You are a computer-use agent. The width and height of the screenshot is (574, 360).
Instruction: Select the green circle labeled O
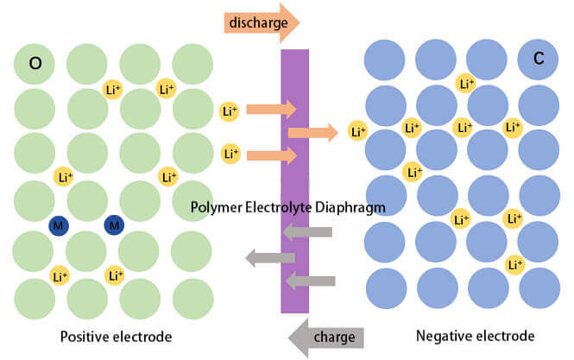pos(35,63)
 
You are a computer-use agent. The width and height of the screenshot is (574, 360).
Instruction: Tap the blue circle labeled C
pos(537,60)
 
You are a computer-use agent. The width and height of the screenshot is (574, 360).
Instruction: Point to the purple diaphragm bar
pos(295,129)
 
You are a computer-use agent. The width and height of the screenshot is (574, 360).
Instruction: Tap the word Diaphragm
pos(348,206)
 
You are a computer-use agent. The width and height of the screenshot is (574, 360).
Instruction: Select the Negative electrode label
pos(475,336)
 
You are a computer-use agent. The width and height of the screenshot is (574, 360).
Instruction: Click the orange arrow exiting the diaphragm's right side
pos(312,132)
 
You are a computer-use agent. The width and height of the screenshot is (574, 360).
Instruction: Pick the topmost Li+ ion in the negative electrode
pos(465,84)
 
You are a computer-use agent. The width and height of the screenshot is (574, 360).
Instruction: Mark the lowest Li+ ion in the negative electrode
pos(514,264)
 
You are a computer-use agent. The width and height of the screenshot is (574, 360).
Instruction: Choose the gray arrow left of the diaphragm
pos(270,256)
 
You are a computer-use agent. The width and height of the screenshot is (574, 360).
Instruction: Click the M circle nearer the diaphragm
pos(113,225)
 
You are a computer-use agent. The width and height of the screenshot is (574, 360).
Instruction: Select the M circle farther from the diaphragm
pos(59,225)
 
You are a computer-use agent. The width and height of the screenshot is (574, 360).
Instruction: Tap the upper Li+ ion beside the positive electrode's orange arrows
pos(229,111)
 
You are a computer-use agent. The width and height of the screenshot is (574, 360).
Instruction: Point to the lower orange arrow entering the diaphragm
pos(271,155)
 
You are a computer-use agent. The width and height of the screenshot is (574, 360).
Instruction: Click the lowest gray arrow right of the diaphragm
pos(310,280)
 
